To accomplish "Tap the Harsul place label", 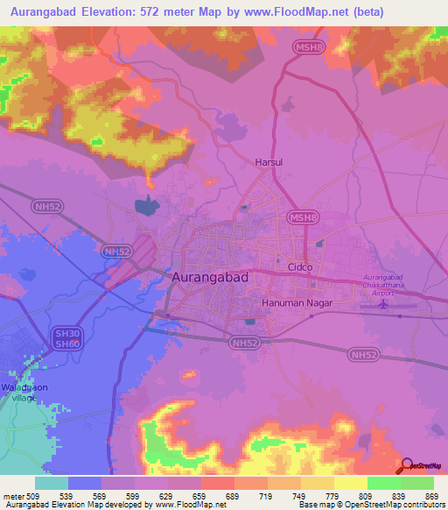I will point(268,162).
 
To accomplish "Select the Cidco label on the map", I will point(300,266).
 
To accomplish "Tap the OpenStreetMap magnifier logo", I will point(409,465).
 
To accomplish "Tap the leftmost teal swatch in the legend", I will point(51,483).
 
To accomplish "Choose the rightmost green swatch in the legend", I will point(416,483).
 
